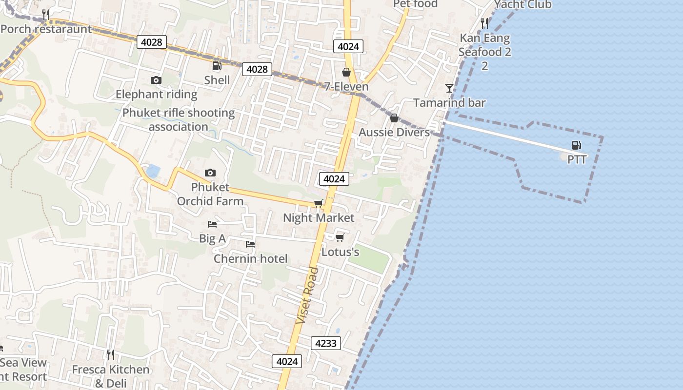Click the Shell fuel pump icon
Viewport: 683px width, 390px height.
pos(217,66)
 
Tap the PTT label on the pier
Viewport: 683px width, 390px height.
pos(577,159)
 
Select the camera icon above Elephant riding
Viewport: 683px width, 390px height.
pos(156,80)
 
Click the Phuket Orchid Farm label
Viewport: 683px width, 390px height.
pos(210,194)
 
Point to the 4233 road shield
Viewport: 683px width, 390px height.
pos(325,343)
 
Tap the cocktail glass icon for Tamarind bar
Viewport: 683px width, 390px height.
pos(449,88)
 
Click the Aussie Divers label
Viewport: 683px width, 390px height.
pos(394,132)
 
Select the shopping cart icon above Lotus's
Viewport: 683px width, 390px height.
pos(340,237)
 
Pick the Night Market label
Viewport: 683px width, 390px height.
pos(319,217)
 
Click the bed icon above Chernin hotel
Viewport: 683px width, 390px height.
pos(250,244)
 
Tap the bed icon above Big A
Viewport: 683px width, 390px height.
pos(212,224)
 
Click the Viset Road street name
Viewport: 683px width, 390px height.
pos(307,295)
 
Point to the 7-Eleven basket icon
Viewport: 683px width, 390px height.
pos(346,73)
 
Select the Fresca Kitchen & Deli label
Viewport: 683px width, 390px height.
pos(111,376)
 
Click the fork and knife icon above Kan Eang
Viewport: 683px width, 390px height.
pos(484,22)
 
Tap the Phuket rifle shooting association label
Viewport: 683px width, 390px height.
pos(179,120)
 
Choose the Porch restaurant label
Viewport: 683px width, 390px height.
pos(46,29)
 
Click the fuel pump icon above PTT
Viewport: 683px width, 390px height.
pos(576,145)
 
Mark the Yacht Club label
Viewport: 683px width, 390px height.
pos(523,5)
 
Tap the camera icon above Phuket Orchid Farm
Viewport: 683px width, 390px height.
pos(210,173)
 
